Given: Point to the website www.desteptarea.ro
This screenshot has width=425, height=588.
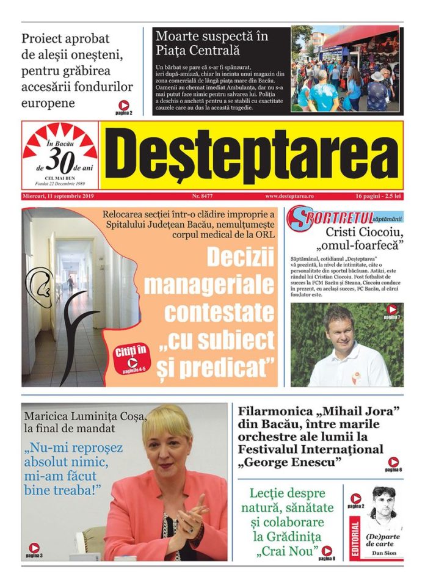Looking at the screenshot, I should (289, 197).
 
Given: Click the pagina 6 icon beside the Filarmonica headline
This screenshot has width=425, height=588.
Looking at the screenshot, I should (394, 463).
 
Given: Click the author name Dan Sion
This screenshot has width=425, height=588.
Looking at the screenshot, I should (383, 553).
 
